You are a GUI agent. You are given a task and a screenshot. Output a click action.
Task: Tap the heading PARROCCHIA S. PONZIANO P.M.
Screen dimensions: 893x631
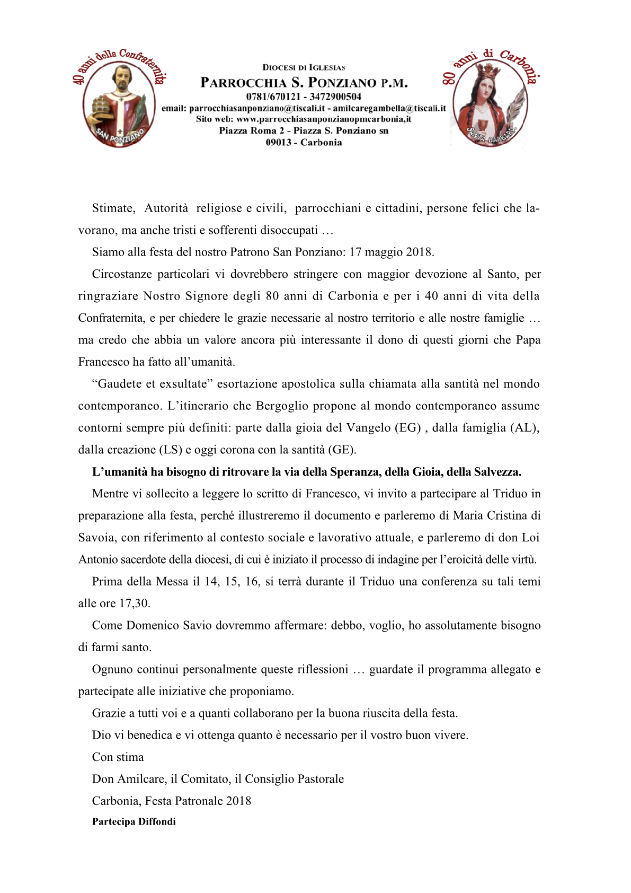pos(304,83)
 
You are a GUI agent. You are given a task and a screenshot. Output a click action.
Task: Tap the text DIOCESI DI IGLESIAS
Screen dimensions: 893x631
pos(304,67)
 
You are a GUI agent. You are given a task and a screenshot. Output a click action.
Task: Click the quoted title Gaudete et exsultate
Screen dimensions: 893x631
pos(153,384)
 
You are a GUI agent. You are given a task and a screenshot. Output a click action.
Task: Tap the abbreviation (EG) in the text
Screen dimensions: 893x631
pos(407,428)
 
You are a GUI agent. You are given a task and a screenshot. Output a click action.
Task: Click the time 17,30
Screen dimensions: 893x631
pos(135,603)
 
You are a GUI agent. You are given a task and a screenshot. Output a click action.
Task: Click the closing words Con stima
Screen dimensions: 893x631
pos(118,757)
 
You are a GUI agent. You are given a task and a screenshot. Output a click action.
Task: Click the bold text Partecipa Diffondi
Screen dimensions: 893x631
pos(134,822)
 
